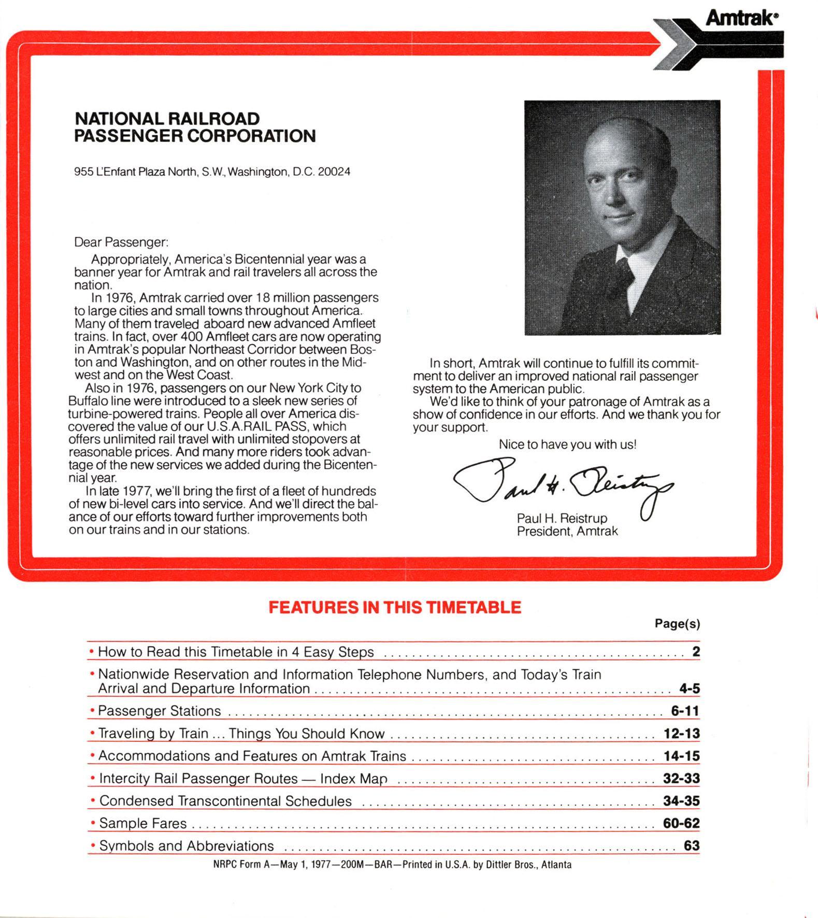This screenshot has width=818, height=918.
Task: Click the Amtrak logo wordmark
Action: point(741,19)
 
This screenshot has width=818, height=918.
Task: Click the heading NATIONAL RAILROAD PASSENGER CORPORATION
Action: point(195,127)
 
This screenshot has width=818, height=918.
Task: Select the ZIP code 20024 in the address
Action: point(334,171)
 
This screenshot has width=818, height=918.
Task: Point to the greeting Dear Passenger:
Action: point(121,242)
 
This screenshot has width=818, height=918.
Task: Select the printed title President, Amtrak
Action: point(567,531)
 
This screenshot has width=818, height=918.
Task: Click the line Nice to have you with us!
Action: point(567,444)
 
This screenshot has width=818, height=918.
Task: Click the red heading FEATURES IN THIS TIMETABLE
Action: point(395,607)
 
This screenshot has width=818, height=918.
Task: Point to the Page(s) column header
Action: point(677,624)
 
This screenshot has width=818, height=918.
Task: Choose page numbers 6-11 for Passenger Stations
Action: point(685,711)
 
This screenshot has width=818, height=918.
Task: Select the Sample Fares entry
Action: point(142,823)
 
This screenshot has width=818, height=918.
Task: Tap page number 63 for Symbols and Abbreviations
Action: point(692,845)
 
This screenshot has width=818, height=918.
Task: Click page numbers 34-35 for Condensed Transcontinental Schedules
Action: point(681,801)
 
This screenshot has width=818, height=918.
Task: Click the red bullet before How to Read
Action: point(92,651)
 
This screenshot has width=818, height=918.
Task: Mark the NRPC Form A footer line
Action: point(392,865)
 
